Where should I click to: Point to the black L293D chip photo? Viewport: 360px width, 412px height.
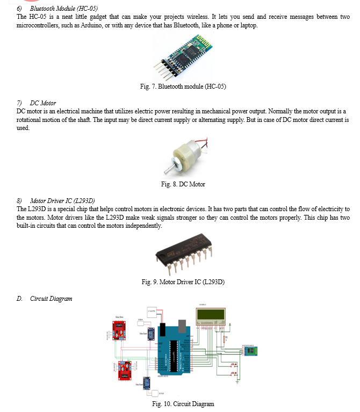181,251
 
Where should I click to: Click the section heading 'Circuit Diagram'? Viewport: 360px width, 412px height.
51,299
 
